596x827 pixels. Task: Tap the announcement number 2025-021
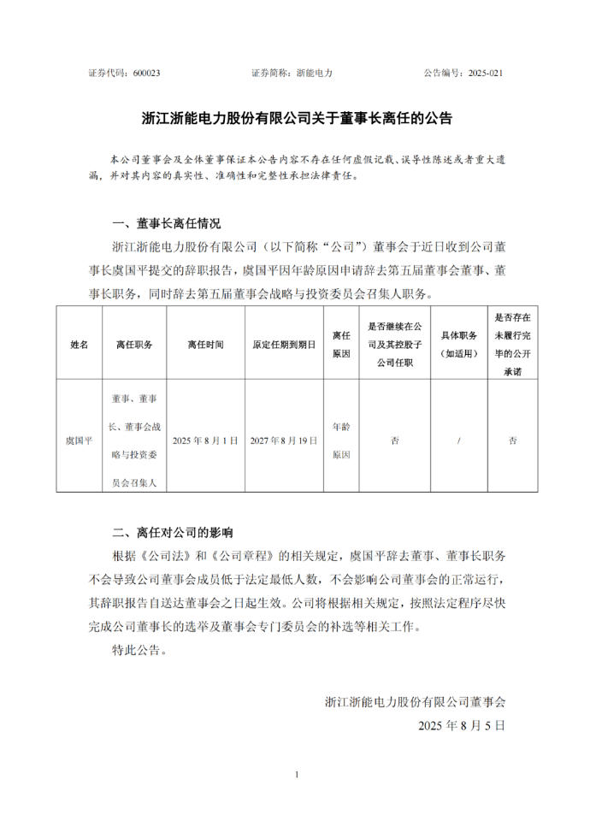pos(485,74)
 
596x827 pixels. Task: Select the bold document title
pos(297,119)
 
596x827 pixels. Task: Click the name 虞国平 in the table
pos(79,440)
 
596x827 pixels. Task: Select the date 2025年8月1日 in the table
pos(205,440)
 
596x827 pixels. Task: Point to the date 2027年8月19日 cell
pos(284,440)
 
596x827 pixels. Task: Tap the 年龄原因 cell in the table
pos(341,440)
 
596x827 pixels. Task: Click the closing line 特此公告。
pos(139,650)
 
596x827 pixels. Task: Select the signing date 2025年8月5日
pos(462,724)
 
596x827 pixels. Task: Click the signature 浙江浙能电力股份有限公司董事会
pos(415,702)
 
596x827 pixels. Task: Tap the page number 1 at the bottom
pos(297,775)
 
